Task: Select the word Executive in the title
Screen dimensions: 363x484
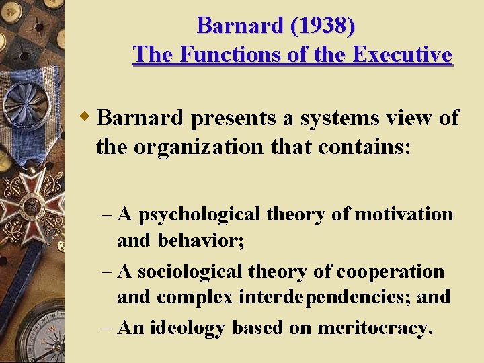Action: [x=406, y=54]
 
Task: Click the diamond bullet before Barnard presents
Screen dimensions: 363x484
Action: [x=85, y=117]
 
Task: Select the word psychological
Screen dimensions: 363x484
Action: [x=200, y=215]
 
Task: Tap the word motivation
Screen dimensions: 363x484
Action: [x=403, y=214]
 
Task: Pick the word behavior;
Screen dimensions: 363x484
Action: [x=200, y=241]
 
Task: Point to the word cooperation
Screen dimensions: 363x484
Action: [x=390, y=272]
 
